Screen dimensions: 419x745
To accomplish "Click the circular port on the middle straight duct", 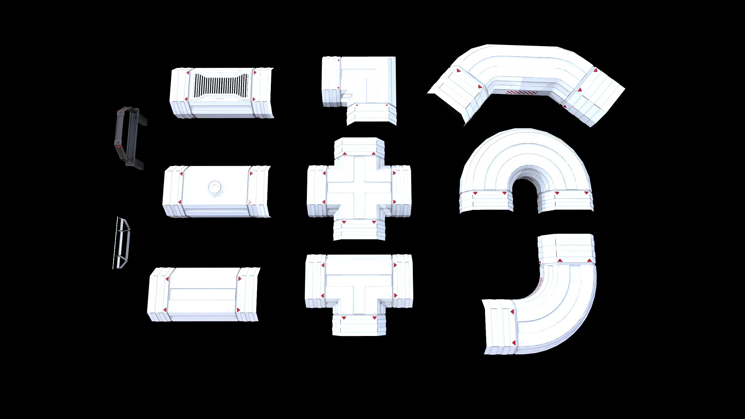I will click(215, 188).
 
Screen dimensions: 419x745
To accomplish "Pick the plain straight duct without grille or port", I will click(203, 294).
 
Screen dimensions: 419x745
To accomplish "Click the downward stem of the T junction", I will click(359, 324).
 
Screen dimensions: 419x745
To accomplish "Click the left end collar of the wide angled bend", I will click(456, 95).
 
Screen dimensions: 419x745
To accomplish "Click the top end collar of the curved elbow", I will click(567, 248).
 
